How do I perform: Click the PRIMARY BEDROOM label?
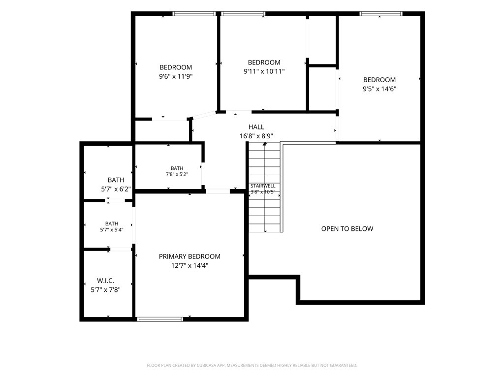coord(189,256)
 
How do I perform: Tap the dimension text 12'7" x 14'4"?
coord(189,265)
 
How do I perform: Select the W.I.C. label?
coord(105,281)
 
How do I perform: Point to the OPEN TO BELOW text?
coord(347,228)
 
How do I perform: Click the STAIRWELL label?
coord(263,186)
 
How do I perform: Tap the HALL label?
coord(256,127)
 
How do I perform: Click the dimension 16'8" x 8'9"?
coord(256,136)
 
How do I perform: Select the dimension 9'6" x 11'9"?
coord(176,76)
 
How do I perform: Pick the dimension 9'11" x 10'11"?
coord(264,71)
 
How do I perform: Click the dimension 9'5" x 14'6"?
coord(379,89)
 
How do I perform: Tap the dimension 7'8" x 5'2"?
coord(177,174)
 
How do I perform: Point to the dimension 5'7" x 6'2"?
coord(116,189)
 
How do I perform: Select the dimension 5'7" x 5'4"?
coord(112,230)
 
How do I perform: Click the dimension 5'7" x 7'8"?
coord(105,290)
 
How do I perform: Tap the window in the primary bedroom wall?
coord(160,319)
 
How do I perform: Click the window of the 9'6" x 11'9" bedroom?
coord(194,14)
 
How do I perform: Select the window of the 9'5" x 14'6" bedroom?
coord(381,14)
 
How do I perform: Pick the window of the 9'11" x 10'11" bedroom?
coord(243,14)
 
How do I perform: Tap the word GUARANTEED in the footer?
coord(344,366)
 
